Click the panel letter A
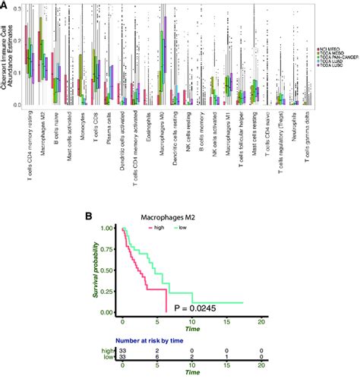[x=5, y=6]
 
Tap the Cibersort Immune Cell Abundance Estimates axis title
[x=5, y=57]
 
